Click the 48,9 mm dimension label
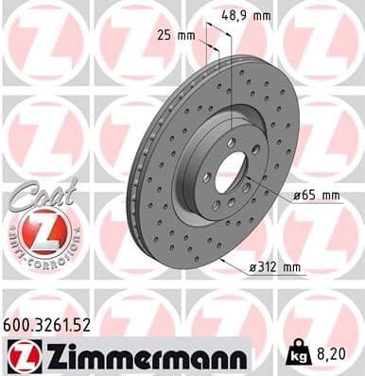pyautogui.click(x=249, y=16)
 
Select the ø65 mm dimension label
pyautogui.click(x=316, y=195)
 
